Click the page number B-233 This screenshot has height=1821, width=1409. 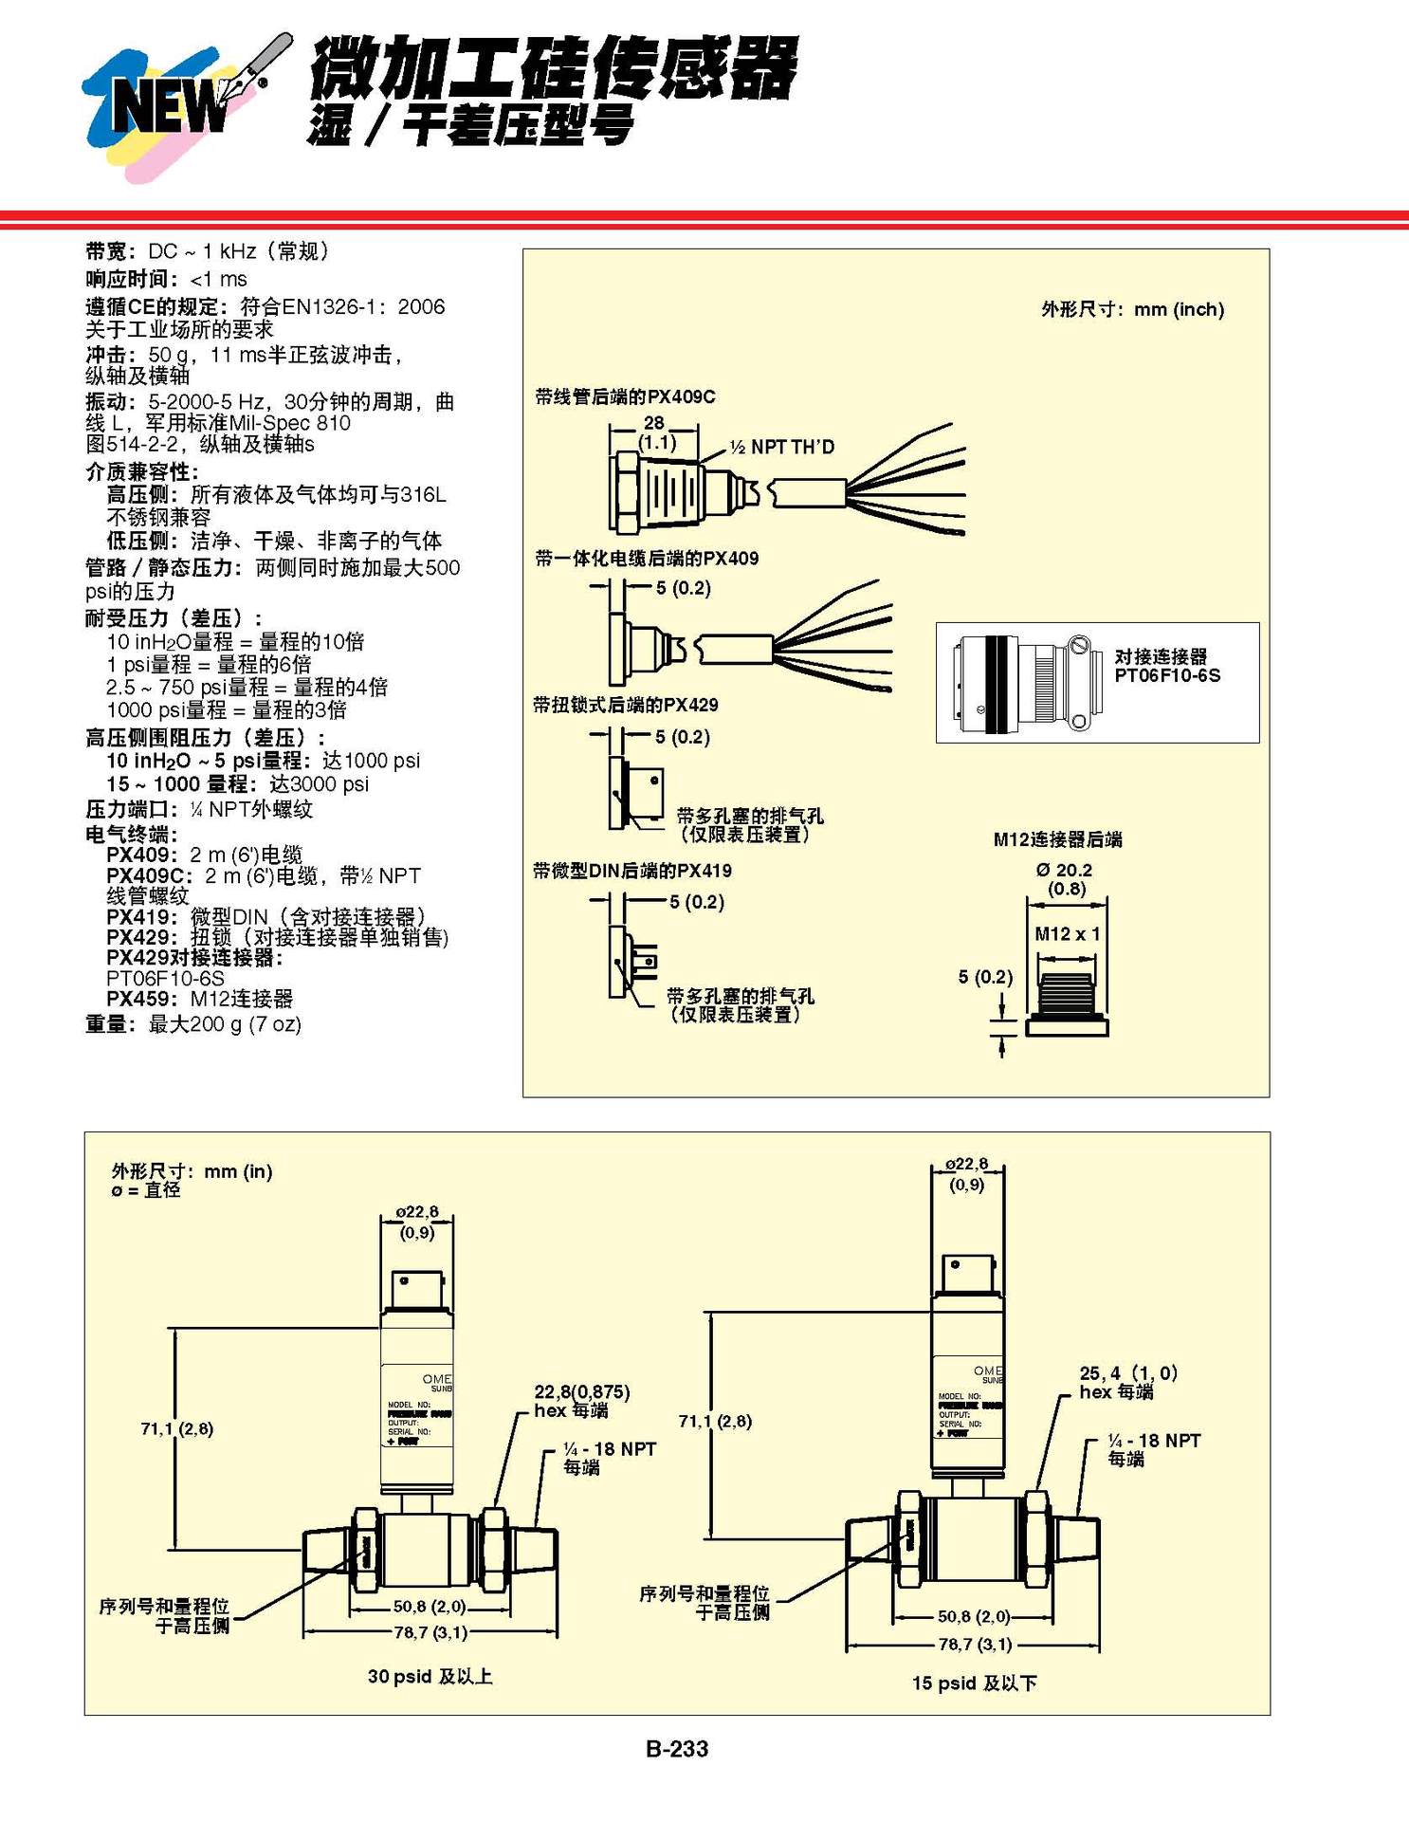pyautogui.click(x=677, y=1748)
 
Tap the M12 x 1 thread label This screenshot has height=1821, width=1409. pyautogui.click(x=1067, y=933)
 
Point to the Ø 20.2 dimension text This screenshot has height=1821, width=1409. pyautogui.click(x=1064, y=870)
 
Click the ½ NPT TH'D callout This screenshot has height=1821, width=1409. pyautogui.click(x=782, y=447)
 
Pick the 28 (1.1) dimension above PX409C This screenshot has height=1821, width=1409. pyautogui.click(x=655, y=432)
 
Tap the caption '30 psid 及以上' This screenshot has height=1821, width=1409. pyautogui.click(x=430, y=1676)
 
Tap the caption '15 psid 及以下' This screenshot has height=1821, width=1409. pyautogui.click(x=974, y=1683)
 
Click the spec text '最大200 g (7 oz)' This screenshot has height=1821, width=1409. pyautogui.click(x=225, y=1024)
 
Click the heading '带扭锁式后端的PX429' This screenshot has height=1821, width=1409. pyautogui.click(x=626, y=705)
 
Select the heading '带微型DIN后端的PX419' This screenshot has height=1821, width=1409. pyautogui.click(x=632, y=871)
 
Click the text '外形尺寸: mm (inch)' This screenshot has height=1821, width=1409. pyautogui.click(x=1132, y=309)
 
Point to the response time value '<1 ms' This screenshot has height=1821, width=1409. pyautogui.click(x=218, y=280)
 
